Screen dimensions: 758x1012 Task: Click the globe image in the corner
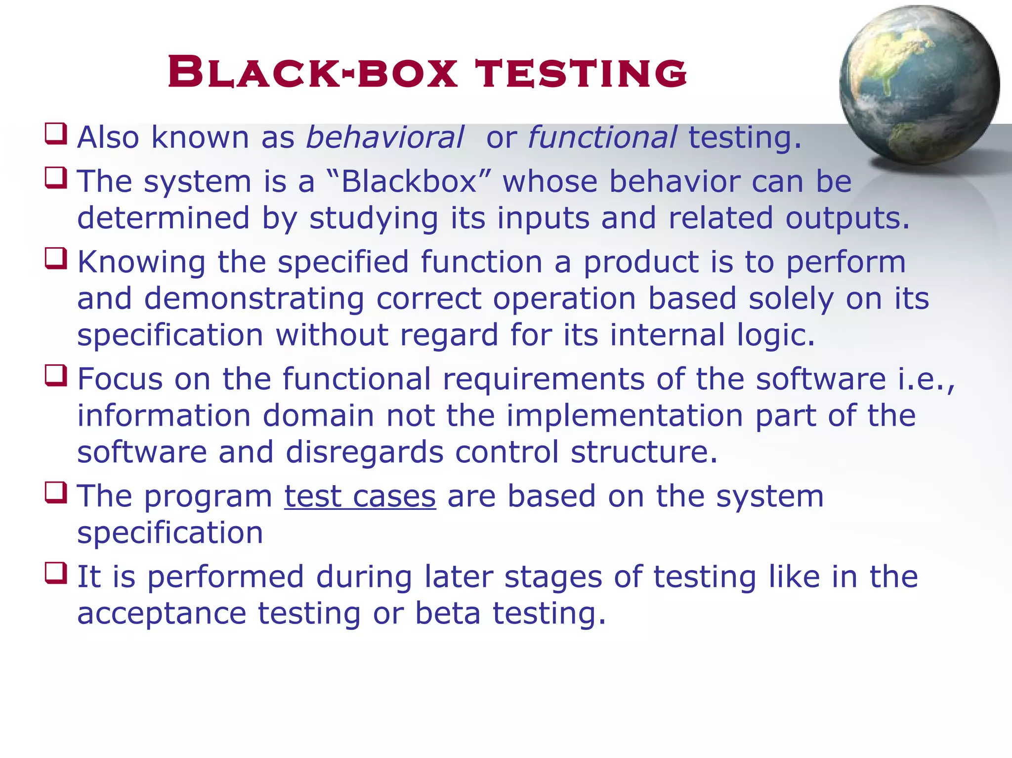(x=919, y=85)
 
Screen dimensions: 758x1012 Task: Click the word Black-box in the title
(x=312, y=73)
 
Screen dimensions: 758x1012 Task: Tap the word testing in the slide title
(x=581, y=73)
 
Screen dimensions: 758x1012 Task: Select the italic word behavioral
(x=385, y=137)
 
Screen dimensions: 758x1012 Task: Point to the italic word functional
(x=602, y=137)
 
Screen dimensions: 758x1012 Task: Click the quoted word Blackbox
(x=409, y=181)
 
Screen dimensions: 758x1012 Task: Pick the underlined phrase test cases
(x=360, y=496)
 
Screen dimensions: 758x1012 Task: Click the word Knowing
(x=141, y=262)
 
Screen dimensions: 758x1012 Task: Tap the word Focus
(x=120, y=379)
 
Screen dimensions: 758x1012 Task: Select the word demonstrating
(x=254, y=299)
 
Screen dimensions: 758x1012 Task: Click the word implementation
(x=625, y=415)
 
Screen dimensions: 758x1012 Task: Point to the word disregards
(x=364, y=452)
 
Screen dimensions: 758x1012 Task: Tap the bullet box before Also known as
(x=56, y=134)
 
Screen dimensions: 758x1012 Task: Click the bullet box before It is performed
(x=56, y=573)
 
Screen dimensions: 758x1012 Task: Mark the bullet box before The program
(x=56, y=492)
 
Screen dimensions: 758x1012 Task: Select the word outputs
(x=847, y=219)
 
